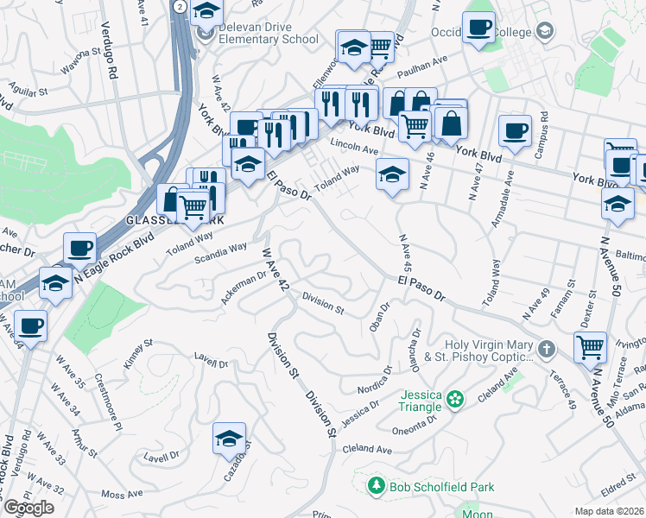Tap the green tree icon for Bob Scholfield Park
click(376, 487)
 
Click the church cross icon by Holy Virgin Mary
click(545, 350)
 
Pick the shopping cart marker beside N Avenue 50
click(591, 346)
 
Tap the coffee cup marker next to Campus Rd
click(515, 131)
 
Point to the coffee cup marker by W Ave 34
click(31, 326)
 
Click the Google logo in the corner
click(28, 508)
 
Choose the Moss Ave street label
click(121, 495)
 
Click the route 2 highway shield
click(178, 6)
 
